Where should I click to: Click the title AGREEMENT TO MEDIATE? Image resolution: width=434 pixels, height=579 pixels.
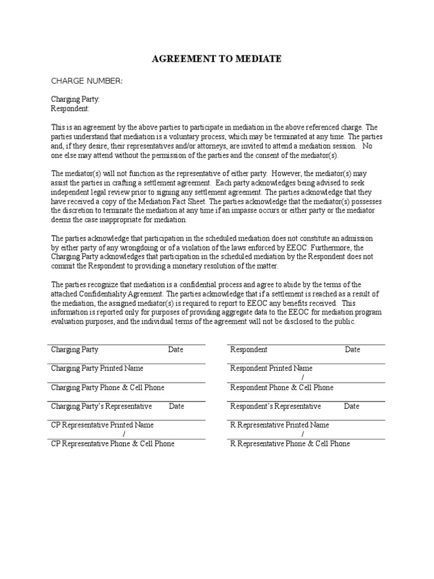216,59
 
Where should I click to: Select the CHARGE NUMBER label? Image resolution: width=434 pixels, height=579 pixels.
86,81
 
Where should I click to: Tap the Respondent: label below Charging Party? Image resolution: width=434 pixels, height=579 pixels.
70,109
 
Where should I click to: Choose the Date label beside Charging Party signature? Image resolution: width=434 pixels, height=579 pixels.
176,350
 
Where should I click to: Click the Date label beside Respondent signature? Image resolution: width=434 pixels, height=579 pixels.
353,350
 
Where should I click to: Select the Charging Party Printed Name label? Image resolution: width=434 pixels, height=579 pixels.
97,369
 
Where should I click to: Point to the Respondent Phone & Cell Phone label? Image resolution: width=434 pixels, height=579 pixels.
282,388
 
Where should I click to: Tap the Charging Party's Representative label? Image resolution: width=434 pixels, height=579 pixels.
102,407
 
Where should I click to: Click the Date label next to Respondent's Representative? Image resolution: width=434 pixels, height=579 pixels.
351,407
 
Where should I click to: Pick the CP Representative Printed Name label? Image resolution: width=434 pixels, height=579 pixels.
102,425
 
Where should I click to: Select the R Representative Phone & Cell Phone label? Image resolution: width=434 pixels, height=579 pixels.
290,444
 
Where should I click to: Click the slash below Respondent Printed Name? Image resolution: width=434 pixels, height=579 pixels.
303,377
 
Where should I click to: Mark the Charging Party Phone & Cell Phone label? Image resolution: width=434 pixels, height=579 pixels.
108,388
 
